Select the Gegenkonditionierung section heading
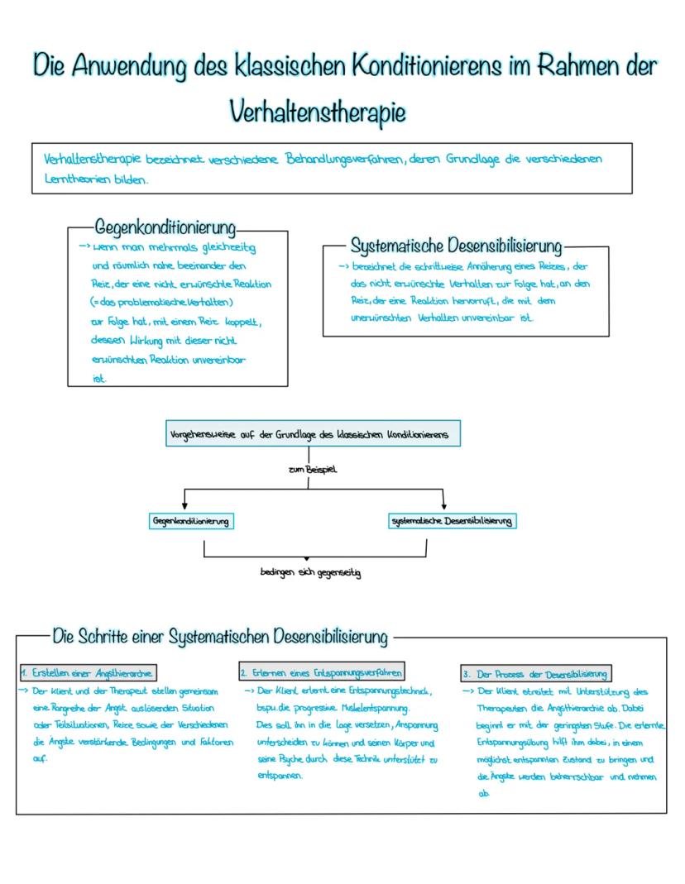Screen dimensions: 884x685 (165, 227)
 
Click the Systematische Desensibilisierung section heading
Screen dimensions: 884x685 (456, 246)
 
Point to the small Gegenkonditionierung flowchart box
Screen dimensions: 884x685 (190, 521)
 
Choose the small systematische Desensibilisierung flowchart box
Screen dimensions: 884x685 (452, 521)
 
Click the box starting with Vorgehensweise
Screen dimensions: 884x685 (313, 434)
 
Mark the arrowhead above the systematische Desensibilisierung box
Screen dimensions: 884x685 (444, 506)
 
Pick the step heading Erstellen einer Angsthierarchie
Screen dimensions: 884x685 (88, 672)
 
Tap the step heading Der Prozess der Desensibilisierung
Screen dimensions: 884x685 (537, 673)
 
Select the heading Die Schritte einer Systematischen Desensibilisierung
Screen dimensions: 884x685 (219, 637)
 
